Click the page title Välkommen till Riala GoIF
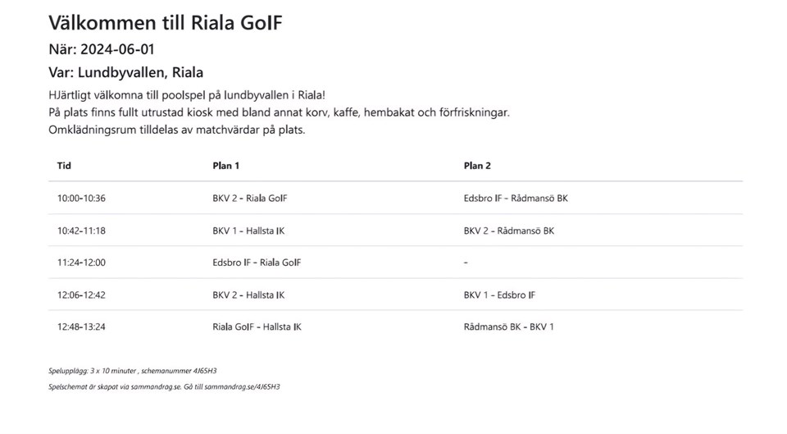(165, 22)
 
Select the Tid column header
(64, 166)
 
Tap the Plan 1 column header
(225, 166)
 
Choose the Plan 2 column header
(477, 166)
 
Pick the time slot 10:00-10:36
(81, 199)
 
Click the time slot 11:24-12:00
(81, 263)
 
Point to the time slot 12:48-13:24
(81, 327)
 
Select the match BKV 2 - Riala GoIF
(249, 199)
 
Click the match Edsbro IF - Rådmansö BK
(515, 199)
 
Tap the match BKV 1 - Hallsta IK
(248, 231)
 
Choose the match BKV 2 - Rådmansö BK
(508, 231)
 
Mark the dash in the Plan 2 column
(466, 263)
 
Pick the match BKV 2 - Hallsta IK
(248, 295)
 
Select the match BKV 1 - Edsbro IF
(499, 295)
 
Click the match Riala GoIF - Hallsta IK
(257, 327)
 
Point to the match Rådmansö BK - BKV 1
(508, 327)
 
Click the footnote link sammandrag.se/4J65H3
(247, 386)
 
